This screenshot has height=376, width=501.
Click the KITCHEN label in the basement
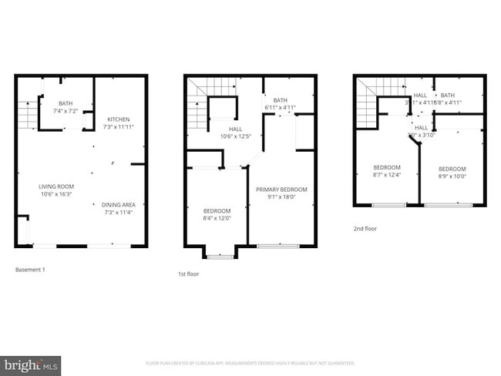tap(118, 119)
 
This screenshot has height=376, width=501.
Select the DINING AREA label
tap(118, 204)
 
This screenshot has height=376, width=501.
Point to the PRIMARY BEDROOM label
tap(281, 190)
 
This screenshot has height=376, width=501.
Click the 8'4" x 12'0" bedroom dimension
tap(217, 217)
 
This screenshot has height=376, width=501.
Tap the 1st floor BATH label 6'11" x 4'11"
tap(280, 107)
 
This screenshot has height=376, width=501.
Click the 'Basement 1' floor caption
tap(31, 270)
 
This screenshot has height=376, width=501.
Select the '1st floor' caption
tap(189, 273)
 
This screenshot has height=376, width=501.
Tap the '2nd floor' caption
tap(365, 229)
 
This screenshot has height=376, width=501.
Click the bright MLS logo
tap(31, 364)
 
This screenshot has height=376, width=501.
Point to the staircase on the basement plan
tap(26, 116)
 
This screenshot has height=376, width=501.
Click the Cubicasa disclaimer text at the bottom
tap(250, 363)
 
